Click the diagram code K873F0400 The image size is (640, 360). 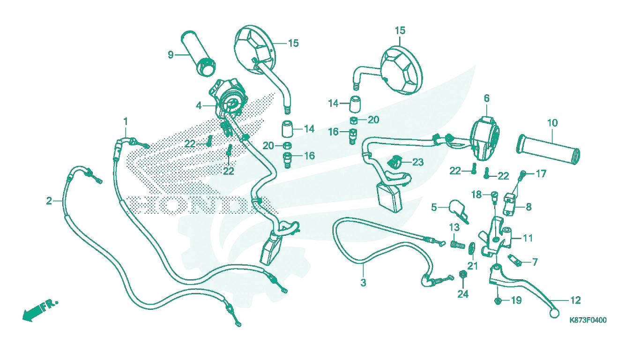pos(588,320)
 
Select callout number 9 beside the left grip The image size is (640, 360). pos(171,55)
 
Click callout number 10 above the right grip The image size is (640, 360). pos(552,123)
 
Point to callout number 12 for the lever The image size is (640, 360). pos(575,300)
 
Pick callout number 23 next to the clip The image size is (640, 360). pos(418,162)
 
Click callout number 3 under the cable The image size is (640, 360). pos(363,283)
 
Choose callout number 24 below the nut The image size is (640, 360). pos(463,294)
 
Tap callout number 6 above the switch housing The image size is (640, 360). pos(487,98)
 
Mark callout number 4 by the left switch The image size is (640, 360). pos(199,106)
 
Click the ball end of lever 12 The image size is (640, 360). pos(554,314)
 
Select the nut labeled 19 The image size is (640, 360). pos(498,300)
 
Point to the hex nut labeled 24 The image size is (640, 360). pos(463,275)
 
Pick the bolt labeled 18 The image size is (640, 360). pos(494,196)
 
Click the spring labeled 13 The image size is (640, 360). pos(458,245)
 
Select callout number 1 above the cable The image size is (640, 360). pos(126,121)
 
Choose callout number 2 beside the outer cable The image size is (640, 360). pos(49,201)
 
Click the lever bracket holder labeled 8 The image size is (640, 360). pos(510,204)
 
